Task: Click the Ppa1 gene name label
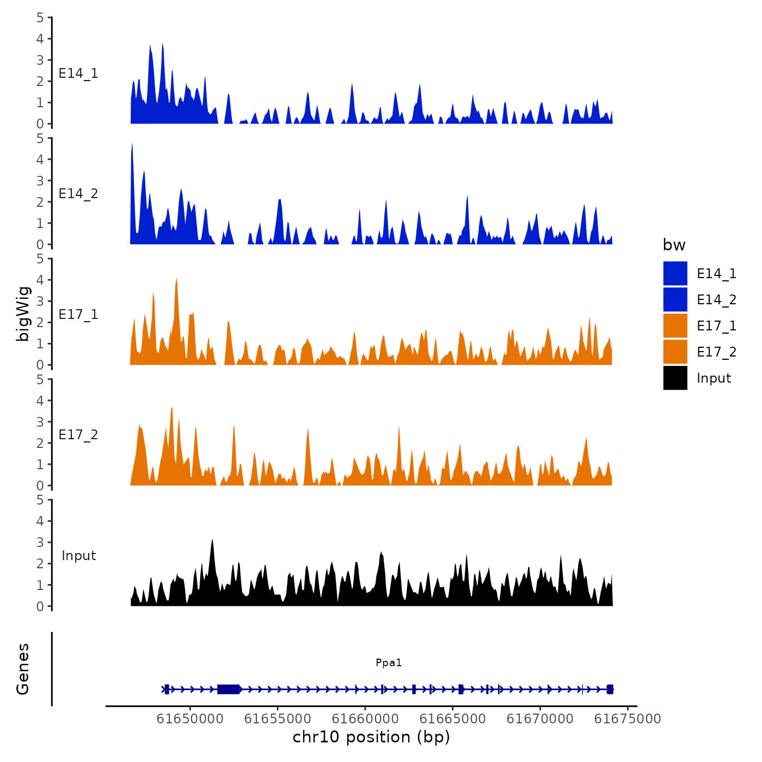point(389,662)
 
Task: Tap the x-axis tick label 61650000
point(190,719)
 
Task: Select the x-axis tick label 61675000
point(627,719)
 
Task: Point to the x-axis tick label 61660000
point(365,719)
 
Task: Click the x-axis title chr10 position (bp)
point(371,737)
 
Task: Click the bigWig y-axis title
point(23,314)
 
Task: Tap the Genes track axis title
point(23,669)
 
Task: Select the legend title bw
point(674,245)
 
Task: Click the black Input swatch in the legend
point(675,378)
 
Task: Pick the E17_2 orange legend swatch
point(675,352)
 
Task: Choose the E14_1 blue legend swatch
point(675,273)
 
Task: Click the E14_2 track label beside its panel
point(78,194)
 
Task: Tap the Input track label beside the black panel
point(78,556)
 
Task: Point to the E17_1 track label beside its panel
point(78,315)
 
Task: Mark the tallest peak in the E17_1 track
point(176,280)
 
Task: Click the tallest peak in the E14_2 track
point(132,145)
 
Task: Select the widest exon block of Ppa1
point(229,689)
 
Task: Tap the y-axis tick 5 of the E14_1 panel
point(40,17)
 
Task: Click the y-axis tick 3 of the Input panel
point(40,542)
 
